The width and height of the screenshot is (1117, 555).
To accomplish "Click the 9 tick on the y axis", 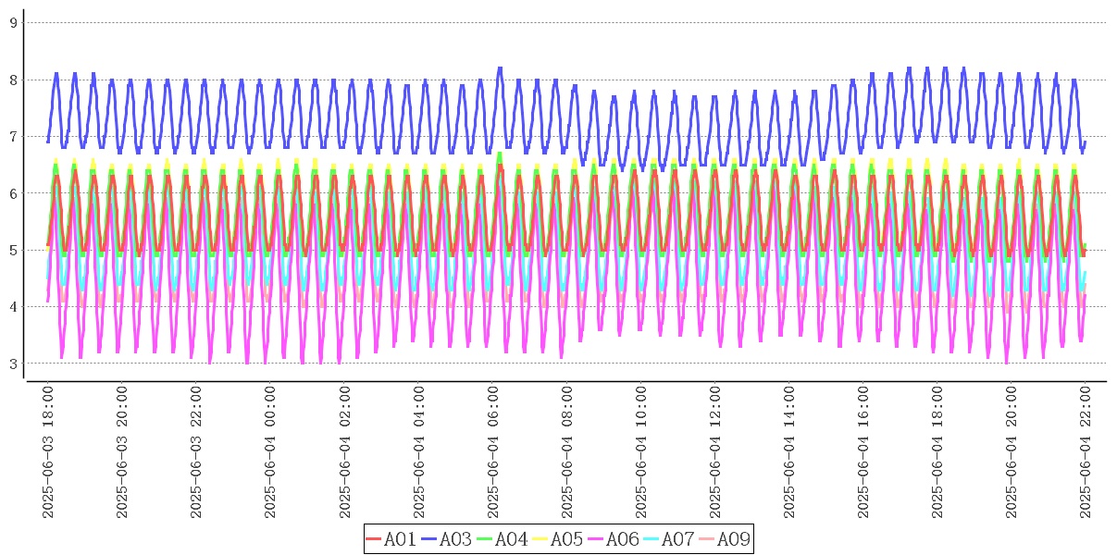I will point(14,22).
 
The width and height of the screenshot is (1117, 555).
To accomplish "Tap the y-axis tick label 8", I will point(14,80).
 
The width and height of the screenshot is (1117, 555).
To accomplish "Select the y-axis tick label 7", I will point(14,136).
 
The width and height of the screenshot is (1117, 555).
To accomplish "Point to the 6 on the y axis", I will point(14,193).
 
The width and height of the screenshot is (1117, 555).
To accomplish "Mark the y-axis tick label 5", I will point(14,250).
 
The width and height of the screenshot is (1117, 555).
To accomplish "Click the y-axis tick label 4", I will point(14,307).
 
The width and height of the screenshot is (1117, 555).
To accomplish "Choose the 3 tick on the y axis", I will point(14,364).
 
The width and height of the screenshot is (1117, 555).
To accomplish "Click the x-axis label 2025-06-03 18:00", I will point(48,452).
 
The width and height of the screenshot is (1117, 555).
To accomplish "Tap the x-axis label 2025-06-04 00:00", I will point(270,452).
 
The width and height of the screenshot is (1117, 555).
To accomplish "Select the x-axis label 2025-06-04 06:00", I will point(492,452).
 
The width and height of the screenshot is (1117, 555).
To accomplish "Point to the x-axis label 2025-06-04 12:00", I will point(714,452).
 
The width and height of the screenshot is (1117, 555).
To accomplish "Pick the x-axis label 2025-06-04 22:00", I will point(1085,452).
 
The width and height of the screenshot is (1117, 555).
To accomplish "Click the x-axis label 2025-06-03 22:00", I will point(196,452).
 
